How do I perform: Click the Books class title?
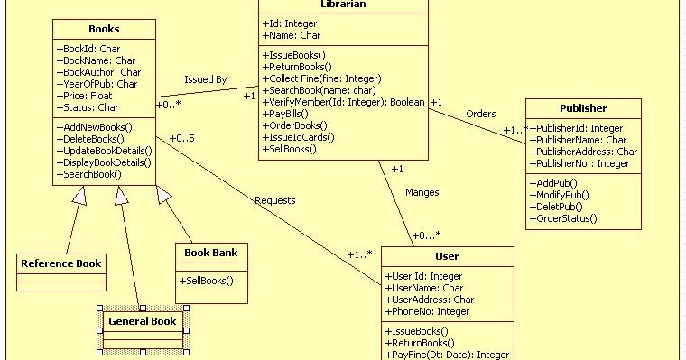point(103,30)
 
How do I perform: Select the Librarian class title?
point(342,5)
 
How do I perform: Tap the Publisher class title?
point(583,108)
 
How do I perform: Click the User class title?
point(447,257)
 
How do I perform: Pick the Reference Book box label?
point(61,263)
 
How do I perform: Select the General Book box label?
point(142,321)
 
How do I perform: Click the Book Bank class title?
point(210,253)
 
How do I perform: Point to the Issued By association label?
point(205,79)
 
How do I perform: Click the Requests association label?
point(275,200)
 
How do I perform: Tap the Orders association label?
point(480,114)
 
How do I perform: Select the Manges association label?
point(422,192)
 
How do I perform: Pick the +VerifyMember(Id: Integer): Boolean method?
point(343,103)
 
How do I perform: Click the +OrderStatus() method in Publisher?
point(563,218)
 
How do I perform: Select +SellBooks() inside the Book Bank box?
point(207,281)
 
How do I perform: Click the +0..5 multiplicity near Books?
point(181,138)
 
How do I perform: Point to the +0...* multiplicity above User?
point(426,235)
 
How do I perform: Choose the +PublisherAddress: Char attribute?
point(583,152)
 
